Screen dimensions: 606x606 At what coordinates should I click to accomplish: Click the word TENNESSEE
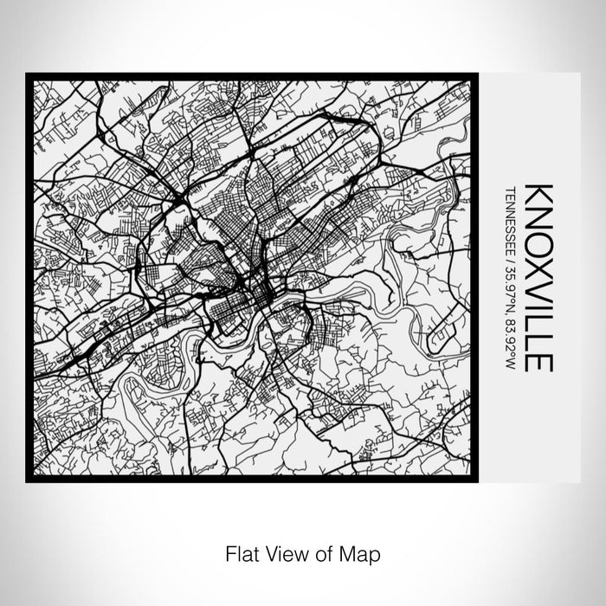(512, 216)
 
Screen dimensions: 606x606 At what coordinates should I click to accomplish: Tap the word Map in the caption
(364, 551)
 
